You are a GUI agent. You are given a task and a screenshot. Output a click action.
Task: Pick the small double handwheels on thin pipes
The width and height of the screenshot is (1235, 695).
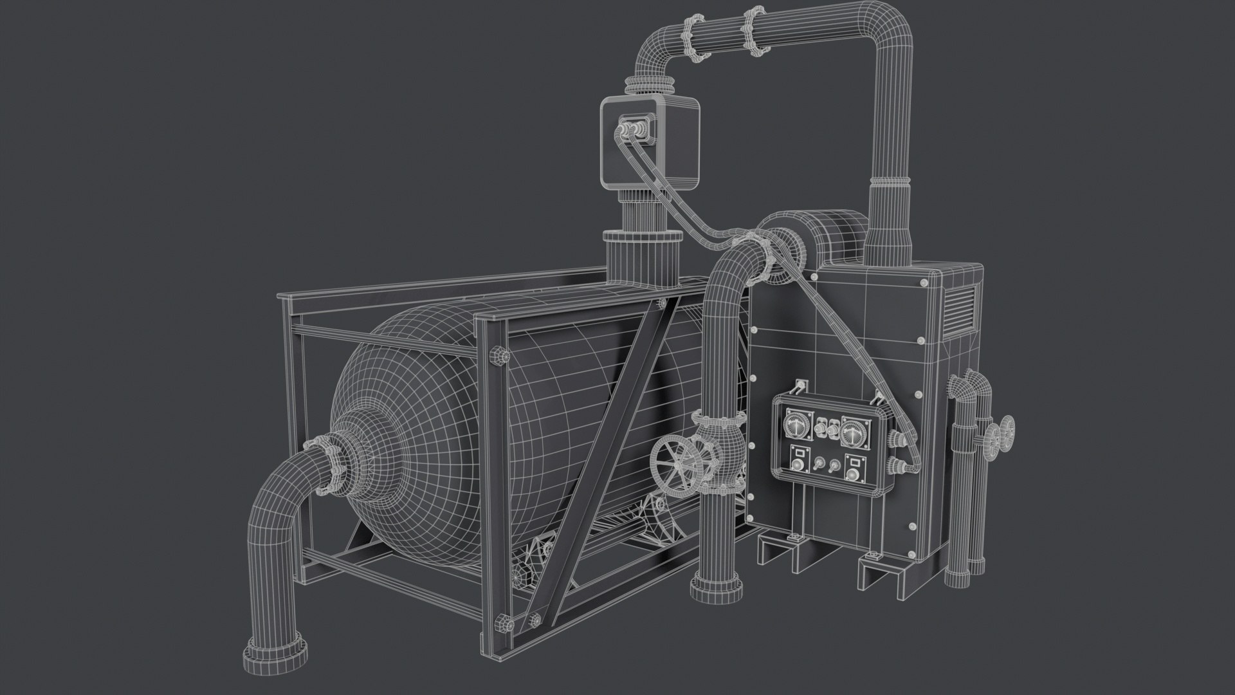click(x=998, y=434)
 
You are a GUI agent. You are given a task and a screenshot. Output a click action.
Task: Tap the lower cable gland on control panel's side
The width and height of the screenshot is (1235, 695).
click(x=895, y=465)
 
